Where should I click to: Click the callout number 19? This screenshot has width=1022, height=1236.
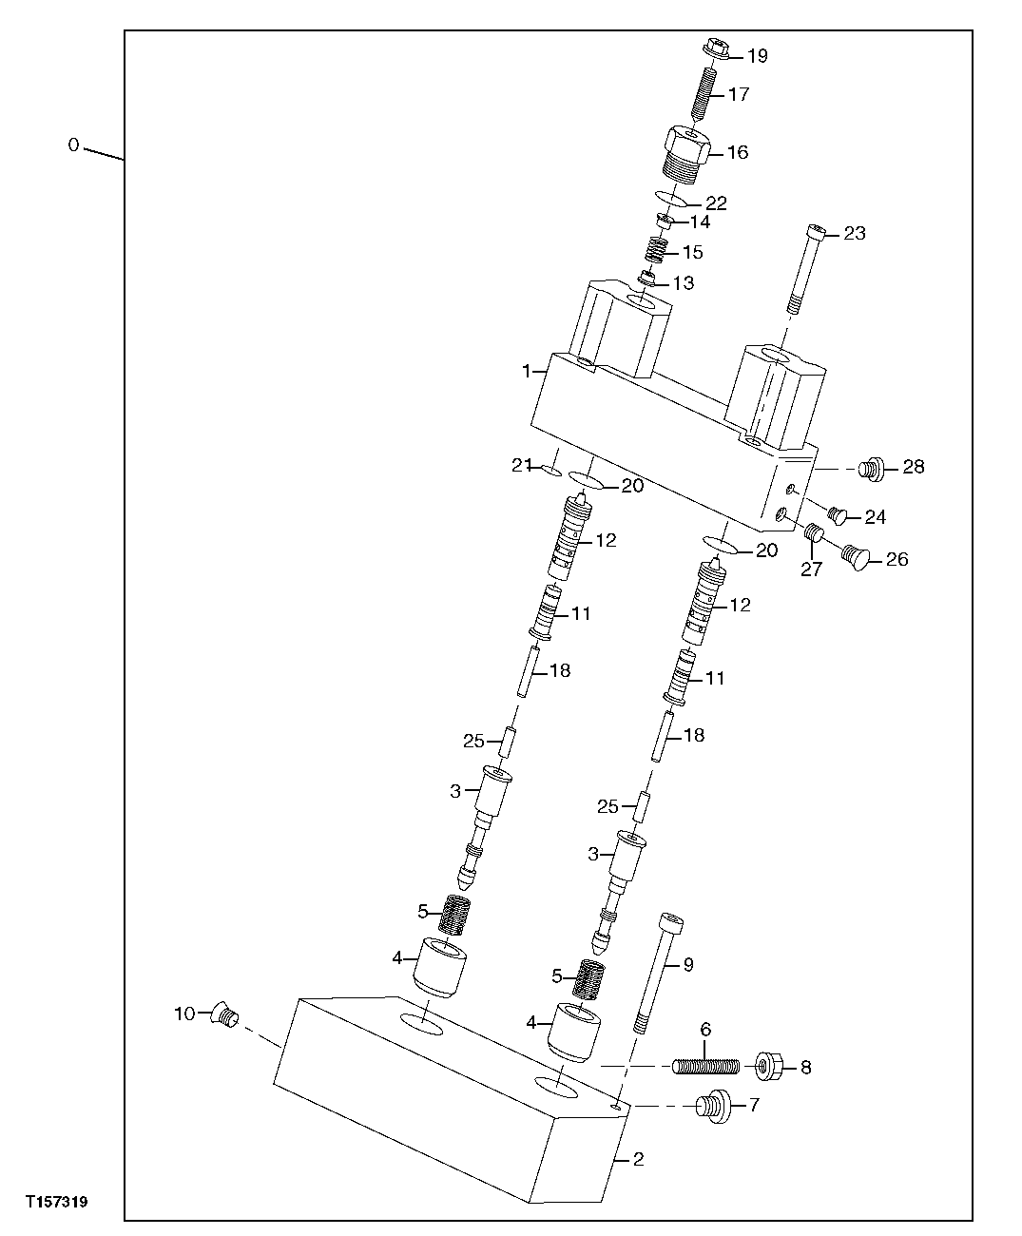[x=757, y=56]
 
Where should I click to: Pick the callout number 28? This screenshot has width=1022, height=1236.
[x=914, y=467]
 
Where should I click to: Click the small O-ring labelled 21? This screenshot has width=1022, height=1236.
[x=550, y=469]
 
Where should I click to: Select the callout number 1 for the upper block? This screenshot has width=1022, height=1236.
[x=526, y=372]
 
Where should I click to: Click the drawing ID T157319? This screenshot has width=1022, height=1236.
[x=57, y=1203]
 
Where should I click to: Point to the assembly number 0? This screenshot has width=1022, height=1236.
[x=73, y=145]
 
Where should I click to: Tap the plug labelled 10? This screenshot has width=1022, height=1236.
[x=226, y=1016]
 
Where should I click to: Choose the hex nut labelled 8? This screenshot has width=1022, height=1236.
[x=768, y=1067]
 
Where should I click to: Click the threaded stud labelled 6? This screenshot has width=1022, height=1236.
[x=705, y=1067]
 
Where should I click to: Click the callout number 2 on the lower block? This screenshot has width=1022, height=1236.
[x=639, y=1159]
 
